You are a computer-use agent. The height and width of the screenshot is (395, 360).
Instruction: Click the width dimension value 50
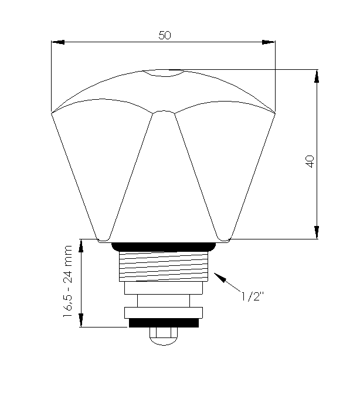click(x=165, y=35)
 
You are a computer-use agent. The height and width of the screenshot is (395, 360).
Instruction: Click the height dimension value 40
click(x=310, y=161)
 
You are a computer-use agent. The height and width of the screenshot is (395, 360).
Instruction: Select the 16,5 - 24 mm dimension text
click(x=67, y=281)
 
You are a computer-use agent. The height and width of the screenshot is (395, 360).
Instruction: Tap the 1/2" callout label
click(x=253, y=296)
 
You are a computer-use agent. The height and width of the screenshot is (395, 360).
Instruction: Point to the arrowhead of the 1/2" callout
click(x=219, y=276)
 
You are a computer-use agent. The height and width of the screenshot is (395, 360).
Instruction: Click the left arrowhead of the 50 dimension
click(x=58, y=42)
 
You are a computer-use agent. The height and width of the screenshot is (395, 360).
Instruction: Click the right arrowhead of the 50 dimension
click(x=269, y=42)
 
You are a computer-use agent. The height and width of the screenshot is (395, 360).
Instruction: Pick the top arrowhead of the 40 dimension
click(x=317, y=76)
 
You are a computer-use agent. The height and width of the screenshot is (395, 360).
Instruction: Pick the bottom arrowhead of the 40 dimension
click(x=317, y=232)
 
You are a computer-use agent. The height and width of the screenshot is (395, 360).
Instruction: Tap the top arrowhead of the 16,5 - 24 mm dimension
click(x=81, y=246)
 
